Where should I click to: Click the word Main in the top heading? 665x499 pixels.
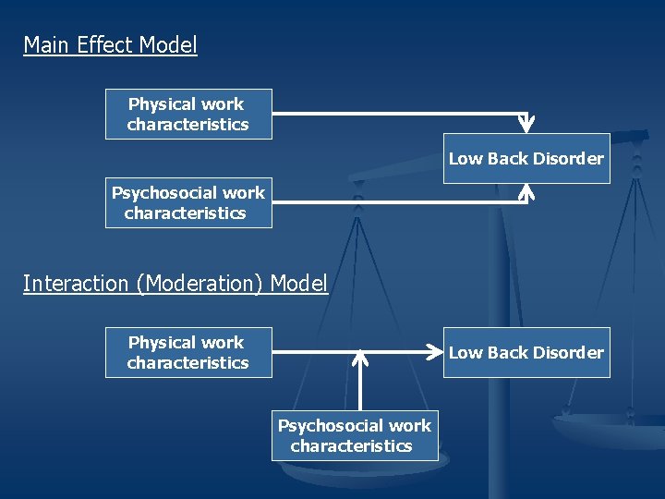point(42,45)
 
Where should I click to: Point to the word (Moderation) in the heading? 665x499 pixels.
point(200,284)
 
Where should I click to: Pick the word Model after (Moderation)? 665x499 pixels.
point(299,284)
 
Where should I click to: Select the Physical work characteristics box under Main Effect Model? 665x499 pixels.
point(187,114)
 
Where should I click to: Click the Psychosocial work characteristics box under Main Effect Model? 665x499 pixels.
point(187,202)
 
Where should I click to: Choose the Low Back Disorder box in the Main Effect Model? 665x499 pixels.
point(526,158)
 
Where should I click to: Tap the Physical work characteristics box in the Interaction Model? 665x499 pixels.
point(187,352)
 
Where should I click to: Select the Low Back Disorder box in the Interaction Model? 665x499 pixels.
point(526,352)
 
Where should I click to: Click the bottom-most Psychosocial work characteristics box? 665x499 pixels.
point(354,435)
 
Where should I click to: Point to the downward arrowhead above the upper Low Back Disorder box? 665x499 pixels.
point(526,125)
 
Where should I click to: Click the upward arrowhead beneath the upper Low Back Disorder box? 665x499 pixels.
point(526,191)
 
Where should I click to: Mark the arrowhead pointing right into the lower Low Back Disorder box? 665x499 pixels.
point(434,352)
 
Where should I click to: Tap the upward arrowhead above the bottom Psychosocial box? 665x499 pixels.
point(361,356)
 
